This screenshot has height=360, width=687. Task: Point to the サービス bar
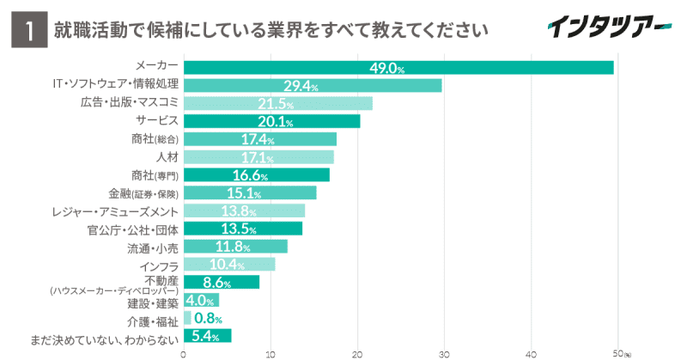[271, 121]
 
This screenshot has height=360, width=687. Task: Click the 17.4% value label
[258, 139]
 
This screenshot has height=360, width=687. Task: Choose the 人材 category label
[167, 157]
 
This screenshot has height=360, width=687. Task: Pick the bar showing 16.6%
[256, 175]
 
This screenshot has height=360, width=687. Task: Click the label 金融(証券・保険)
[143, 192]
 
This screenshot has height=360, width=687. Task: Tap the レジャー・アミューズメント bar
[244, 211]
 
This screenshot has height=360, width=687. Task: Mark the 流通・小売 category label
[153, 247]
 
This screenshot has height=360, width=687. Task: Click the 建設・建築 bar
[201, 300]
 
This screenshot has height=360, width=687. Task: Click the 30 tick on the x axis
[444, 352]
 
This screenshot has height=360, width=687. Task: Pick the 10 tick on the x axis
[271, 352]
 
